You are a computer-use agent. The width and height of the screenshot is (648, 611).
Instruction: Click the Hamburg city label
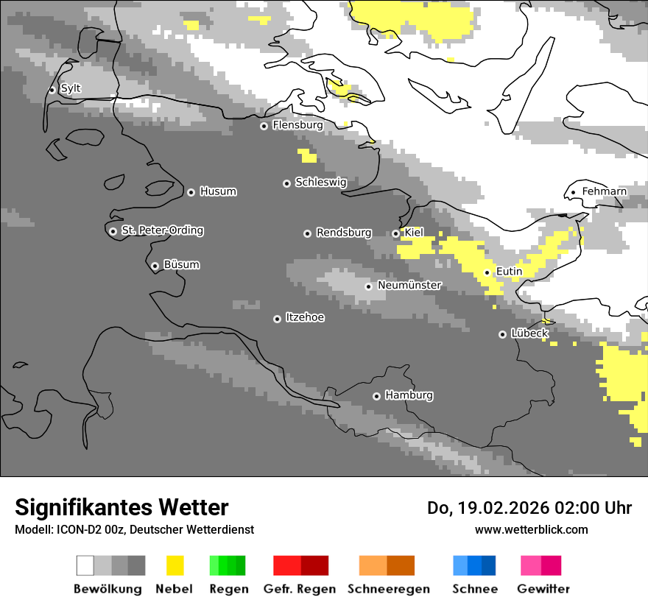tap(409, 395)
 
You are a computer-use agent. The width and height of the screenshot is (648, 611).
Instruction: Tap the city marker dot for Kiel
tap(395, 233)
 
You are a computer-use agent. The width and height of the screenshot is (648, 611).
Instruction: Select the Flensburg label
tap(297, 125)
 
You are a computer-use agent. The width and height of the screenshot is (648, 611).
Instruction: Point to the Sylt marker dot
tap(52, 90)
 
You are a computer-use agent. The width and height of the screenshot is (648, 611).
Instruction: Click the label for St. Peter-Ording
tap(162, 230)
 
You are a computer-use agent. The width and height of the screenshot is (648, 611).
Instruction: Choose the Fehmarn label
tap(604, 191)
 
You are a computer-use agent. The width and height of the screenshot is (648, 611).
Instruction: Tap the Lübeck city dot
tap(502, 334)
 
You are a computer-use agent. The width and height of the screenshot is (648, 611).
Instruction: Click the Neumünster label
tap(409, 285)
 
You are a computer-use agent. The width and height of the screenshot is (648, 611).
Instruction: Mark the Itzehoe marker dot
tap(277, 319)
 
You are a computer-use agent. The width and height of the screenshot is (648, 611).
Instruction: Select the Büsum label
tap(181, 264)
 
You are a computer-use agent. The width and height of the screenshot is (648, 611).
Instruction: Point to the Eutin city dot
tap(487, 272)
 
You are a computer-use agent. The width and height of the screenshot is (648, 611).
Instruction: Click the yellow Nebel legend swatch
tap(175, 565)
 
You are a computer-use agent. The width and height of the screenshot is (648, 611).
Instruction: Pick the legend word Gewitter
tap(543, 589)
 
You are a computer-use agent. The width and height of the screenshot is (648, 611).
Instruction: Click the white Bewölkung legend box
tap(85, 565)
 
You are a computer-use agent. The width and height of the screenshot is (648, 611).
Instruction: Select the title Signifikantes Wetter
tap(121, 507)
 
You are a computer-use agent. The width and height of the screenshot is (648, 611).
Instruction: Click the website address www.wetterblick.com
tap(531, 529)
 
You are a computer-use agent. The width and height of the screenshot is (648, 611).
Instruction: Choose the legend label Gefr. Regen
tap(299, 589)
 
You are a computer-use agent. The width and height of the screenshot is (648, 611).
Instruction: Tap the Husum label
tap(218, 191)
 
